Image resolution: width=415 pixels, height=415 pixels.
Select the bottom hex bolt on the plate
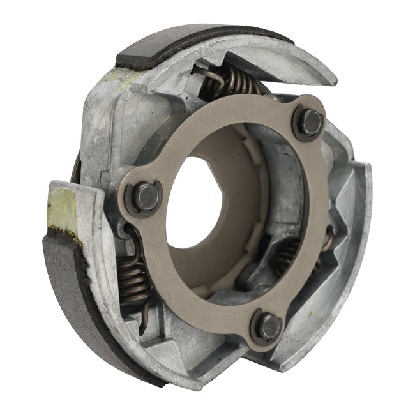[x=269, y=326]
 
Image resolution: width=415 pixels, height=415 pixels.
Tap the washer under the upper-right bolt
[x=300, y=131]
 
